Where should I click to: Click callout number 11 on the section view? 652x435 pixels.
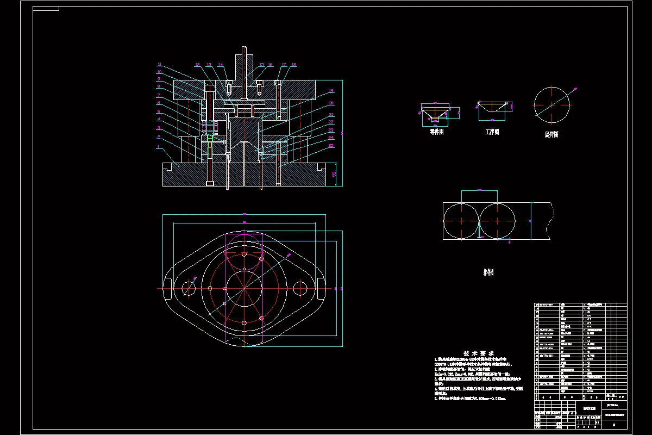(159, 65)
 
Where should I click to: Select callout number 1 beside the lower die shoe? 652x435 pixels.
(158, 146)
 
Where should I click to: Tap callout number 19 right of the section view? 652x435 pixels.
(331, 91)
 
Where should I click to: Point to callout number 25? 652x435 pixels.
(331, 146)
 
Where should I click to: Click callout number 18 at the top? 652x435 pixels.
(293, 65)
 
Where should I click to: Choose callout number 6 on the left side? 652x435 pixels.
(159, 103)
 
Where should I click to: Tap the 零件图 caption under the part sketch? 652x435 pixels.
(437, 132)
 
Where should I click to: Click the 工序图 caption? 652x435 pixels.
(492, 132)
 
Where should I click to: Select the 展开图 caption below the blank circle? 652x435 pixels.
(551, 134)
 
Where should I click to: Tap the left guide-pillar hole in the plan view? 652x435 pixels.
(189, 288)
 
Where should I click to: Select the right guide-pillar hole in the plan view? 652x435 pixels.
(300, 288)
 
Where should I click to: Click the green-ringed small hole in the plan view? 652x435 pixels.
(210, 288)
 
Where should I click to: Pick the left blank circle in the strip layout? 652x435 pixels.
(461, 221)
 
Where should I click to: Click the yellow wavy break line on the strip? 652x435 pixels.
(551, 221)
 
